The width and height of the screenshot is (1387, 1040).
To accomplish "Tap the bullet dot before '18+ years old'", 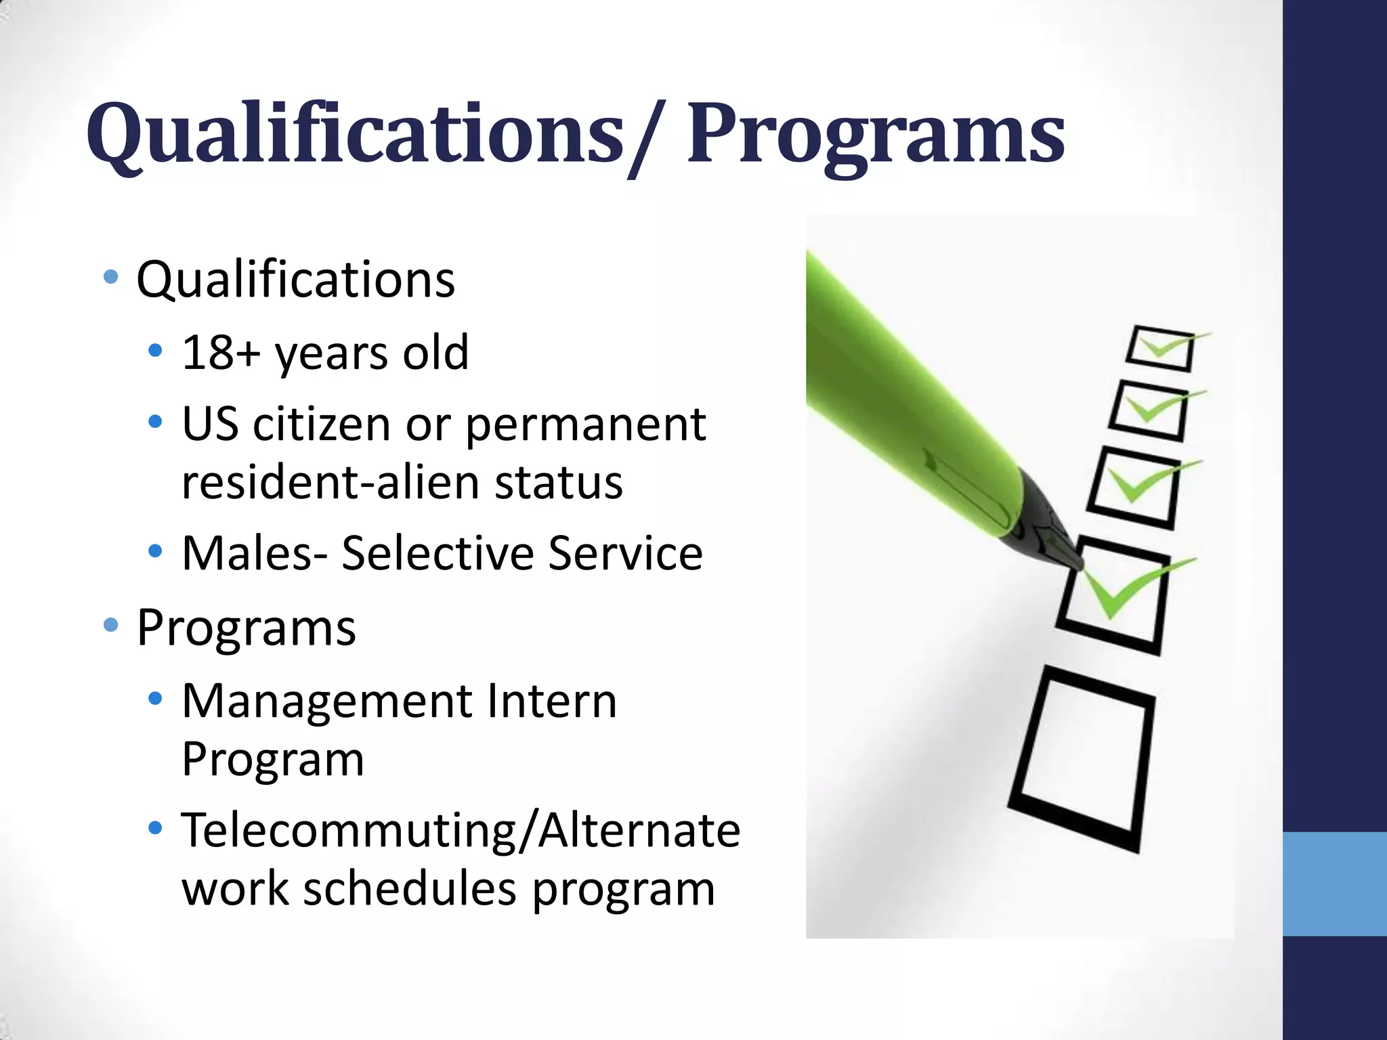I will point(155,351).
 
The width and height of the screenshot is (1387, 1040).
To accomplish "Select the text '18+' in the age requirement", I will point(221,352).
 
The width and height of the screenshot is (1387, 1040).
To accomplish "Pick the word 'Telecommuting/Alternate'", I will point(461,830).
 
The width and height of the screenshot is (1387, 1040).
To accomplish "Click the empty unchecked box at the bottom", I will point(1082,758).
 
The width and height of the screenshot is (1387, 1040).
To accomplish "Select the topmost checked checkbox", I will point(1159,349).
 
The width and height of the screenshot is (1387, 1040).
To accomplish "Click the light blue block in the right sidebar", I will point(1334,884).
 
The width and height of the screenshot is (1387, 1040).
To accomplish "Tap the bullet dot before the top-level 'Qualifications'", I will point(110,277).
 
